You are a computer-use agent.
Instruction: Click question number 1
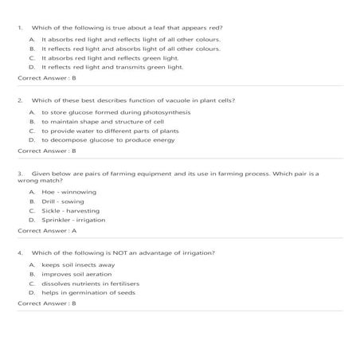[x=20, y=27]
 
